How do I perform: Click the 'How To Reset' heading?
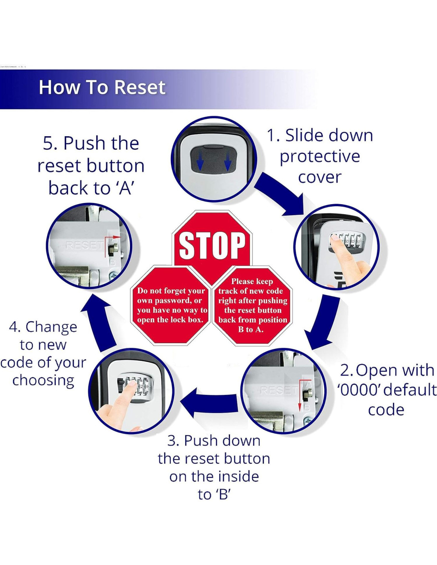102,87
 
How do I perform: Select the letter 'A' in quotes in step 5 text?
125,188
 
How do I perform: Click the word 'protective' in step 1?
319,156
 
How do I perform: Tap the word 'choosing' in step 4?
43,380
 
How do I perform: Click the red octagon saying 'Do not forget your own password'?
171,305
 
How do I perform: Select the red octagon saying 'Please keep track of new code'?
252,305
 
